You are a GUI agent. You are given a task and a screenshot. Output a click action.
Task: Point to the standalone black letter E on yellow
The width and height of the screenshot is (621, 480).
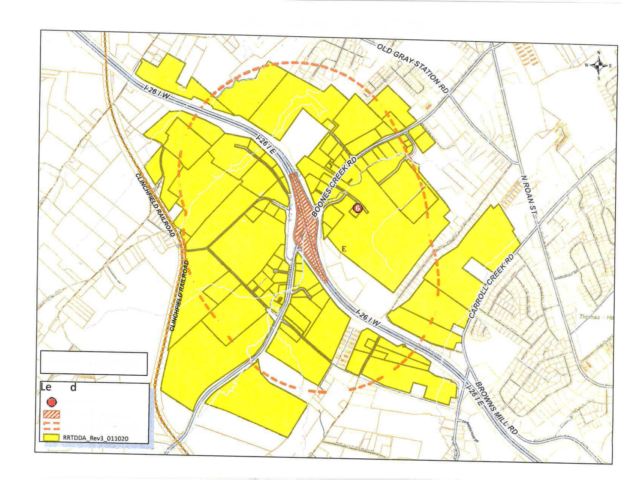click(344, 249)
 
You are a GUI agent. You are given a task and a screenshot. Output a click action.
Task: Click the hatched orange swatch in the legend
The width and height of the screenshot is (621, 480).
click(52, 414)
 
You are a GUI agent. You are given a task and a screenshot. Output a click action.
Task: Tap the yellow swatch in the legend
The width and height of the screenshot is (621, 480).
click(52, 438)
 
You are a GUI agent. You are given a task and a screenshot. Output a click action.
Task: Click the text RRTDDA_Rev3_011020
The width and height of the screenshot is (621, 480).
click(96, 438)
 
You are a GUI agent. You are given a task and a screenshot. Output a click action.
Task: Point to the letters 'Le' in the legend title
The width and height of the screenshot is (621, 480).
click(46, 387)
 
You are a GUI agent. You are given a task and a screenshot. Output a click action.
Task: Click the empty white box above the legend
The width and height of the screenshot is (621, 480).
click(94, 363)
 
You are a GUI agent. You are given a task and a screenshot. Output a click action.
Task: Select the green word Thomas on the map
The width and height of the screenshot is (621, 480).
click(590, 317)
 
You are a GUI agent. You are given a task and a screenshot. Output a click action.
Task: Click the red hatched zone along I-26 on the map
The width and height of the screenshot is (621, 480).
click(307, 224)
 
